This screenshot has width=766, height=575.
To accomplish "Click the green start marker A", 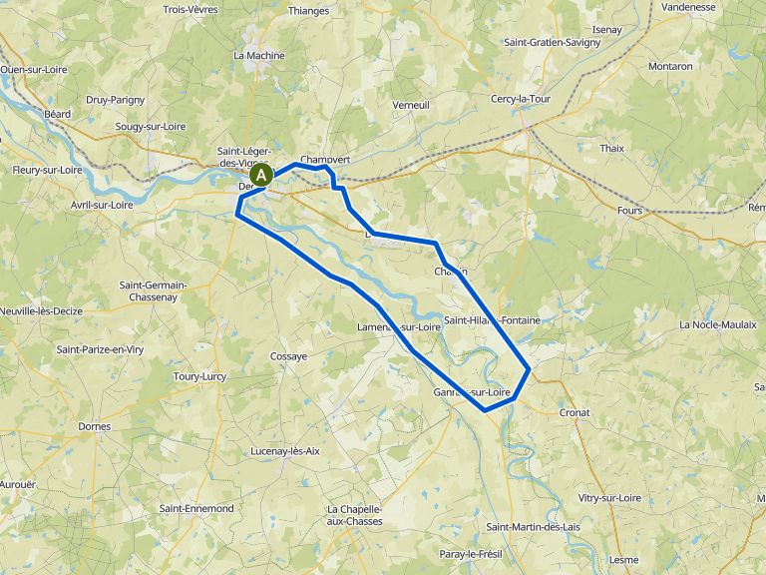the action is point(262,175).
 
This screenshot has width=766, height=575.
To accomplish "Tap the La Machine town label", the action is point(258,56).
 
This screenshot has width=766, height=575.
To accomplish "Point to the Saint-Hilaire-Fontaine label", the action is point(493,320).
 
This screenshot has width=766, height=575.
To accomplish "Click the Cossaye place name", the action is point(288,356).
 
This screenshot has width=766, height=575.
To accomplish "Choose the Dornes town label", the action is point(94,426).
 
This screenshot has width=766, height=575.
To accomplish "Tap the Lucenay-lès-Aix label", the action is point(285,451).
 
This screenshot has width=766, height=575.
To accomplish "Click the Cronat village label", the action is point(574,412).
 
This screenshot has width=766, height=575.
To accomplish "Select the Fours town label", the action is point(630,211).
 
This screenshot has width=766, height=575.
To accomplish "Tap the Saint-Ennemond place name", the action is point(195,508).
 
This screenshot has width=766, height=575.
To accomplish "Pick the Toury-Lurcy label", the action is point(199,376).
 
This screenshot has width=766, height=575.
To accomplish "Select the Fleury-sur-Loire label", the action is point(47,170).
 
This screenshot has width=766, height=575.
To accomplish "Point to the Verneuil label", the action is point(411,105).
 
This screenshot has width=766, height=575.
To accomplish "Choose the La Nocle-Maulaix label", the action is point(718,325).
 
